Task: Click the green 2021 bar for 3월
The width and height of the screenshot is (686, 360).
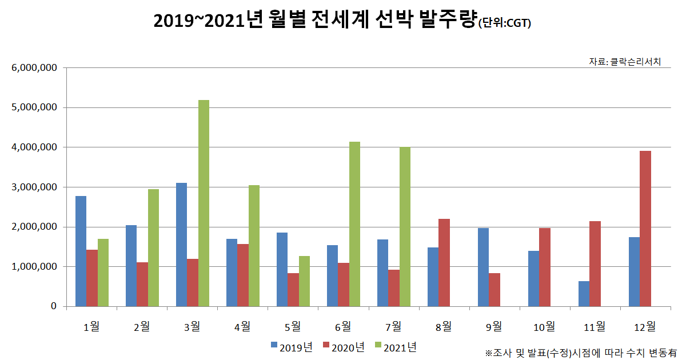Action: point(204,203)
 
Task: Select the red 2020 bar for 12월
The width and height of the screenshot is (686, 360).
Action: point(645,229)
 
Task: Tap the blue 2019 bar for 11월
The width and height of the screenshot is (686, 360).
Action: point(584,294)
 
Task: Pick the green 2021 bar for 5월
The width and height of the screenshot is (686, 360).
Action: point(304,281)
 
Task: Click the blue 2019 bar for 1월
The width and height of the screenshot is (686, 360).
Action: point(81,251)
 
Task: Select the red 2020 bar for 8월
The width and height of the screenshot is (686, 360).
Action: point(444,263)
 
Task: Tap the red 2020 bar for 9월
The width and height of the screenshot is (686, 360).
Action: point(494,290)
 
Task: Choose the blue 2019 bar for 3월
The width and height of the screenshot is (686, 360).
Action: point(181,245)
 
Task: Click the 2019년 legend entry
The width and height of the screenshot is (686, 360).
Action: point(292,347)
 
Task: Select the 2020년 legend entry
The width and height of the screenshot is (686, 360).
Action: point(344,347)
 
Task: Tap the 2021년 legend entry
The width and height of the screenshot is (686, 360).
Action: point(396,347)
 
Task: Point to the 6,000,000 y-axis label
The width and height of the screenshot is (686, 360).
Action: point(34,68)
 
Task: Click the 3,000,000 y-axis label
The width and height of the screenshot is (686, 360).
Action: point(34,187)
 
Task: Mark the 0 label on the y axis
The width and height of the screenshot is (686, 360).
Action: point(54,307)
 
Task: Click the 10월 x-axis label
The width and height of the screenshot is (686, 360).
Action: point(544,326)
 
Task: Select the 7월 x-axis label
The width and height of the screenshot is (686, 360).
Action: point(393,326)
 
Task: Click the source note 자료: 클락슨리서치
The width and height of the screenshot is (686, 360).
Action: point(625,61)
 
